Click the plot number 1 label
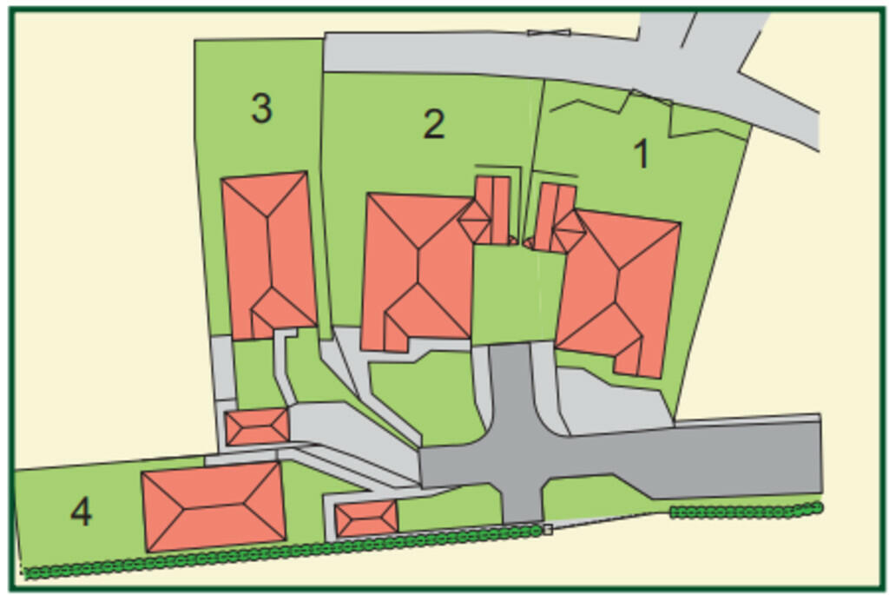(x=642, y=155)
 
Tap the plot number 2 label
(x=433, y=125)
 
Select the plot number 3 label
(x=261, y=109)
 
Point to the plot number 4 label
(x=81, y=512)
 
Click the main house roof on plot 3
(x=269, y=252)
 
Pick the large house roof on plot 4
(x=214, y=506)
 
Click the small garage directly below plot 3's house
(x=257, y=426)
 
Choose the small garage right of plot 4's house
(x=366, y=519)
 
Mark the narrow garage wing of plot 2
(x=492, y=208)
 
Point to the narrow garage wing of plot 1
(x=553, y=215)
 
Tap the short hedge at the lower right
(x=747, y=512)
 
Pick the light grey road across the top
(x=486, y=56)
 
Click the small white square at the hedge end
(x=547, y=529)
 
